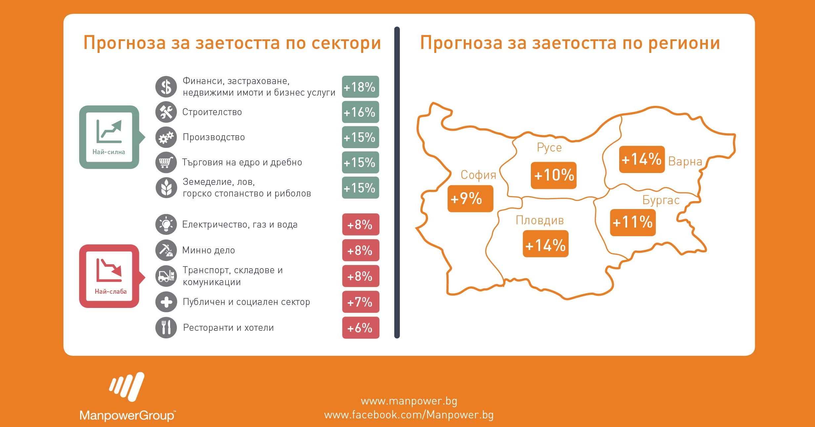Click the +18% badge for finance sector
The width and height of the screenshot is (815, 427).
coord(360,87)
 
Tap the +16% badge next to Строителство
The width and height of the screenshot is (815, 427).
coord(360,112)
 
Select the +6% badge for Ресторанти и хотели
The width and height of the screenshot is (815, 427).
coord(361,328)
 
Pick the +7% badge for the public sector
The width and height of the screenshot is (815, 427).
coord(361,302)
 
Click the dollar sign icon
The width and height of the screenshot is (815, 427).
coord(166,87)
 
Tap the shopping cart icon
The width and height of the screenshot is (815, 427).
coord(166,162)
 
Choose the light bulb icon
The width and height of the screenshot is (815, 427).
coord(166,224)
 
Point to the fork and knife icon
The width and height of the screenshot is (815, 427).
coord(166,327)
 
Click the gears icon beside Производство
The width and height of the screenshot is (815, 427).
coord(166,137)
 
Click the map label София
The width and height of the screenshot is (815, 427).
coord(478,175)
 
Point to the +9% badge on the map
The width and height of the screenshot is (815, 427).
coord(470,198)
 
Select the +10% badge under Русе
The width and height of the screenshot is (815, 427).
coord(554,175)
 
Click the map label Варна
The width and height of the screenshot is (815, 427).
coord(685,161)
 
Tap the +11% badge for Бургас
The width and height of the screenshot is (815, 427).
coord(633,222)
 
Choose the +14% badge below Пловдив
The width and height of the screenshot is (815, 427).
coord(546,244)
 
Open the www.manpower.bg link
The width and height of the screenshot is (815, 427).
coord(409,401)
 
